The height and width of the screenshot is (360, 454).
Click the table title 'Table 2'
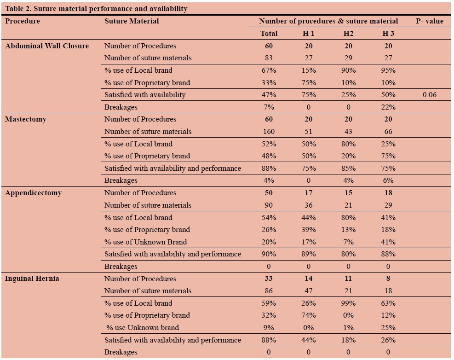96,9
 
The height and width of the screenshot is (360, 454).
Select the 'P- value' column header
429,21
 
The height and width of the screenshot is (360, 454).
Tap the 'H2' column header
348,34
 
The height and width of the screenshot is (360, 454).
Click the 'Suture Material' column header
132,21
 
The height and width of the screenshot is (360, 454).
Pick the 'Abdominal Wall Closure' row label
47,46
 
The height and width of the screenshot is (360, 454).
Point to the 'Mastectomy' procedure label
26,119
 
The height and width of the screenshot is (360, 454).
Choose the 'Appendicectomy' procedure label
33,193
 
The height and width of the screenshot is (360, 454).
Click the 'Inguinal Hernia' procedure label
32,279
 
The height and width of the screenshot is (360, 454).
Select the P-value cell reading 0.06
429,95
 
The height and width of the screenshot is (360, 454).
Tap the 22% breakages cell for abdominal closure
388,107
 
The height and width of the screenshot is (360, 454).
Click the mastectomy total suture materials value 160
269,132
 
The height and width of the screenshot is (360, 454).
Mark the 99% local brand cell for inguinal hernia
348,303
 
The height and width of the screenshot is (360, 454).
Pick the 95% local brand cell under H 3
388,70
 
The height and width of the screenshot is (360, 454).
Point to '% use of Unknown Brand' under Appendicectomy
145,242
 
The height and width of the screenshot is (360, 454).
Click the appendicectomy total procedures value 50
269,193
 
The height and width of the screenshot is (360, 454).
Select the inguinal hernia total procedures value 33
269,279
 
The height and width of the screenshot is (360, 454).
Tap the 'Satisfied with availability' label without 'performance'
145,95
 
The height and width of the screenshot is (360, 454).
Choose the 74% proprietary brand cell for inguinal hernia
308,315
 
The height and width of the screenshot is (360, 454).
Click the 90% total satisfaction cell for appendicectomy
269,254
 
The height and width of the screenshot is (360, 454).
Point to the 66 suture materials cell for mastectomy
388,132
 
